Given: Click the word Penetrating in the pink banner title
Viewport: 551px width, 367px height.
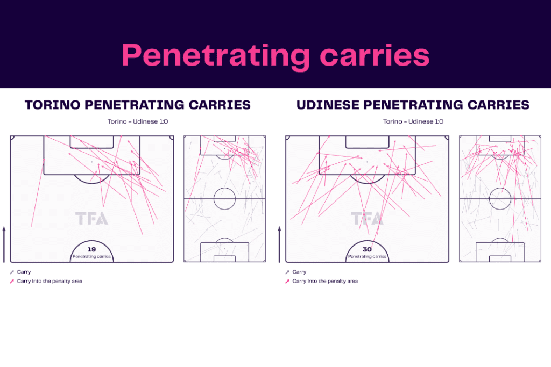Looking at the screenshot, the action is [x=216, y=56].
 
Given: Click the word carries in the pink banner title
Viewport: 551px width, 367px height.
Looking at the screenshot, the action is [x=375, y=55].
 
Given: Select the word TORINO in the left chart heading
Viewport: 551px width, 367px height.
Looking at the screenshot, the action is [x=52, y=105].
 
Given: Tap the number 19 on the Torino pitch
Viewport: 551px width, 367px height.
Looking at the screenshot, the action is [x=91, y=249].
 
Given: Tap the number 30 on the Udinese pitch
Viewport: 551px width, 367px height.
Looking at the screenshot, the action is [x=367, y=249].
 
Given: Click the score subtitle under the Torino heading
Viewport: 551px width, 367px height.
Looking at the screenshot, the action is [x=138, y=121].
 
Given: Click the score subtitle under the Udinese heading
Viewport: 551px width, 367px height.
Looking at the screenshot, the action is [x=413, y=121].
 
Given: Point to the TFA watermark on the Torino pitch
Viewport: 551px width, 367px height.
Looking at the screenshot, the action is [x=91, y=218].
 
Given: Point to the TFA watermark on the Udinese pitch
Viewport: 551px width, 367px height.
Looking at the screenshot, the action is [x=367, y=218].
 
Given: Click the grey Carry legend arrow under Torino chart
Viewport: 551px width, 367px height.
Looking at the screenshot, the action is [x=12, y=272].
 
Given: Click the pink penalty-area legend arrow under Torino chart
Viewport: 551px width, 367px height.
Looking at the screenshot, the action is [x=12, y=282].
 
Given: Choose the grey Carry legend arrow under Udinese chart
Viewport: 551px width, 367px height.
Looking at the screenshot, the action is [x=287, y=272].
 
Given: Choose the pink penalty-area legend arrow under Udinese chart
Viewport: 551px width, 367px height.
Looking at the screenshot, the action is [x=287, y=282].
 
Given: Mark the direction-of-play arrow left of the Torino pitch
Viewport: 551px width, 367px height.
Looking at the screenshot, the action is [x=4, y=244].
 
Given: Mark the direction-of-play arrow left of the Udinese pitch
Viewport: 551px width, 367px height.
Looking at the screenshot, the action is [x=280, y=244].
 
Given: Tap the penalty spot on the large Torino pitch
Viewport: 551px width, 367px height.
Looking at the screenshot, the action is [x=92, y=162].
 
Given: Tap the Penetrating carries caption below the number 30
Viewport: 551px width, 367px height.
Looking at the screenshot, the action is [x=367, y=257].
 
